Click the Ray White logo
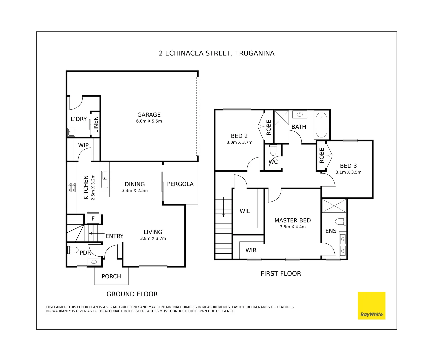tap(371, 306)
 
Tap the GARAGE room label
tap(149, 115)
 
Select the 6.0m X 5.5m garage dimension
tap(149, 121)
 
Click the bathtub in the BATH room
tap(321, 125)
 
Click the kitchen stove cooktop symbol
tap(72, 187)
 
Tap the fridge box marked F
tap(93, 218)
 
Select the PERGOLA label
tap(180, 184)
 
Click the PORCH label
tap(111, 276)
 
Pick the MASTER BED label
tap(292, 220)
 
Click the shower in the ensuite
tap(334, 206)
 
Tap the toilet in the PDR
tap(73, 250)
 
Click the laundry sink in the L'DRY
tap(71, 132)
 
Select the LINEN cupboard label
tap(96, 124)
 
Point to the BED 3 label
tap(348, 166)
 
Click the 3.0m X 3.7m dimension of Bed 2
tap(239, 142)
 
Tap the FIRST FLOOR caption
tap(281, 274)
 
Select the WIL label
tap(245, 211)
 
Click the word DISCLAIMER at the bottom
tap(56, 307)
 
